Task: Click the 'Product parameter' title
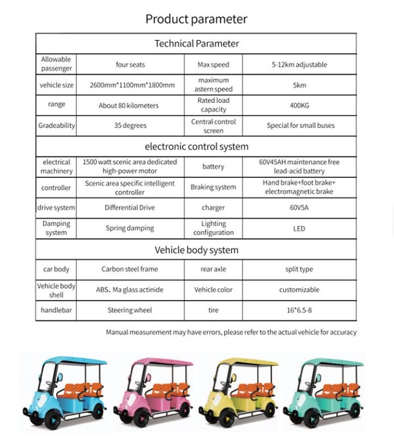coord(196,20)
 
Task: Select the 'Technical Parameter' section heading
coord(196,44)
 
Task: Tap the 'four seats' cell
coord(130,65)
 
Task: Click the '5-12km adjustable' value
coord(299,65)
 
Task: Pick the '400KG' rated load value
coord(299,105)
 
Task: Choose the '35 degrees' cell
coord(130,126)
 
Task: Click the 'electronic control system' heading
coord(196,146)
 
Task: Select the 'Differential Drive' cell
coord(130,207)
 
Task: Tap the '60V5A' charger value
coord(299,207)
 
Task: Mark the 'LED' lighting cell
coord(299,228)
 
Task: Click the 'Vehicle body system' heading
coord(196,250)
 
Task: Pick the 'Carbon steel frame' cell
coord(130,269)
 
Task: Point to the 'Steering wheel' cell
coord(130,310)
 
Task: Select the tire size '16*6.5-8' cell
coord(299,310)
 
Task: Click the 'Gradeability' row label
coord(56,126)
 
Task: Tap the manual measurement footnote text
coord(231,332)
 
